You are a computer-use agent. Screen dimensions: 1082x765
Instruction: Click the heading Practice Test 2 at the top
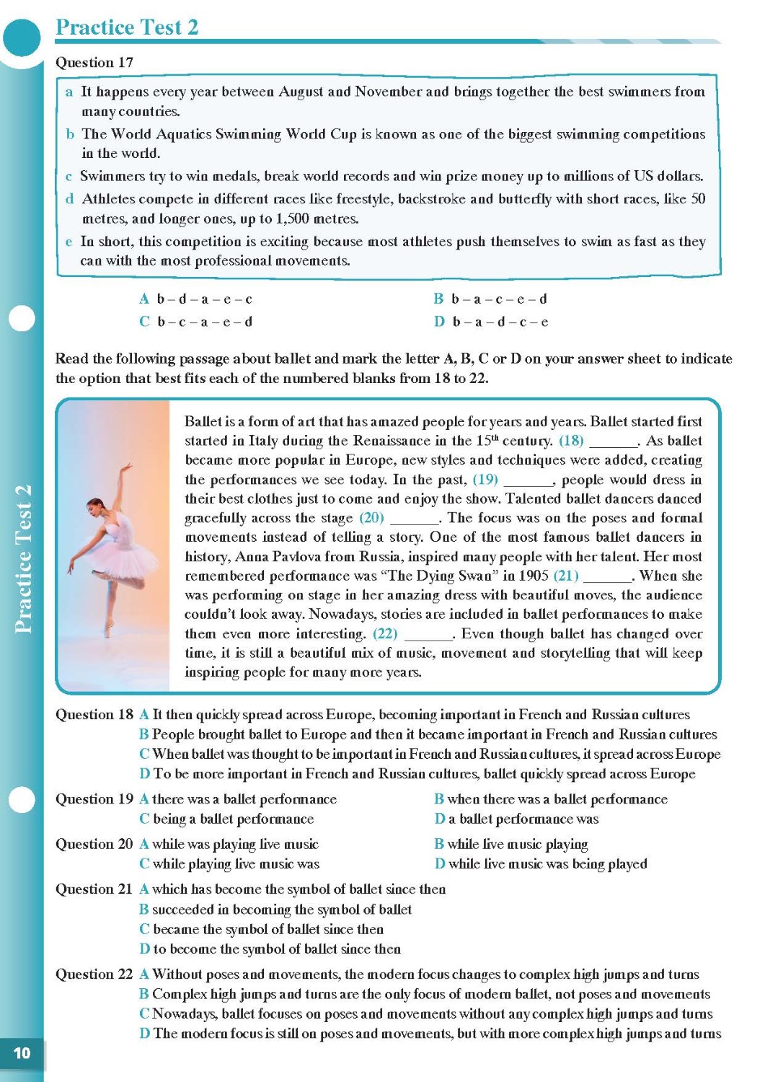coord(127,27)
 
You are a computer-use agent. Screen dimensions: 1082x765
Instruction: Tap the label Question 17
coord(94,63)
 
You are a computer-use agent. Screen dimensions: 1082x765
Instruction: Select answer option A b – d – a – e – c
coord(196,299)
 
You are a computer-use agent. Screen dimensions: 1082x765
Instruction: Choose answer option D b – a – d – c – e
coord(491,322)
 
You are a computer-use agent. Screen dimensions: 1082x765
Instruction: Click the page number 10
coord(22,1053)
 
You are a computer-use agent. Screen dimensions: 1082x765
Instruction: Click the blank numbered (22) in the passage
coord(428,634)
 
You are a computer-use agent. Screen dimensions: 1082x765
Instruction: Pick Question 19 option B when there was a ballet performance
coord(550,799)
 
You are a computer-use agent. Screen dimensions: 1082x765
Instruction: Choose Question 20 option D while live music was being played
coord(541,864)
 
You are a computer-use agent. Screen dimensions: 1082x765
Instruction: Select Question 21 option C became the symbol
coord(262,930)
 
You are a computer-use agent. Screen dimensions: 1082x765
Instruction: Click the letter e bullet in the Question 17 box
coord(69,242)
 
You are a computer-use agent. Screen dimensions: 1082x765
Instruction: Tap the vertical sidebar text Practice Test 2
coord(23,560)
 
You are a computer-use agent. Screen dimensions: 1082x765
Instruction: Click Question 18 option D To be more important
coord(417,774)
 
